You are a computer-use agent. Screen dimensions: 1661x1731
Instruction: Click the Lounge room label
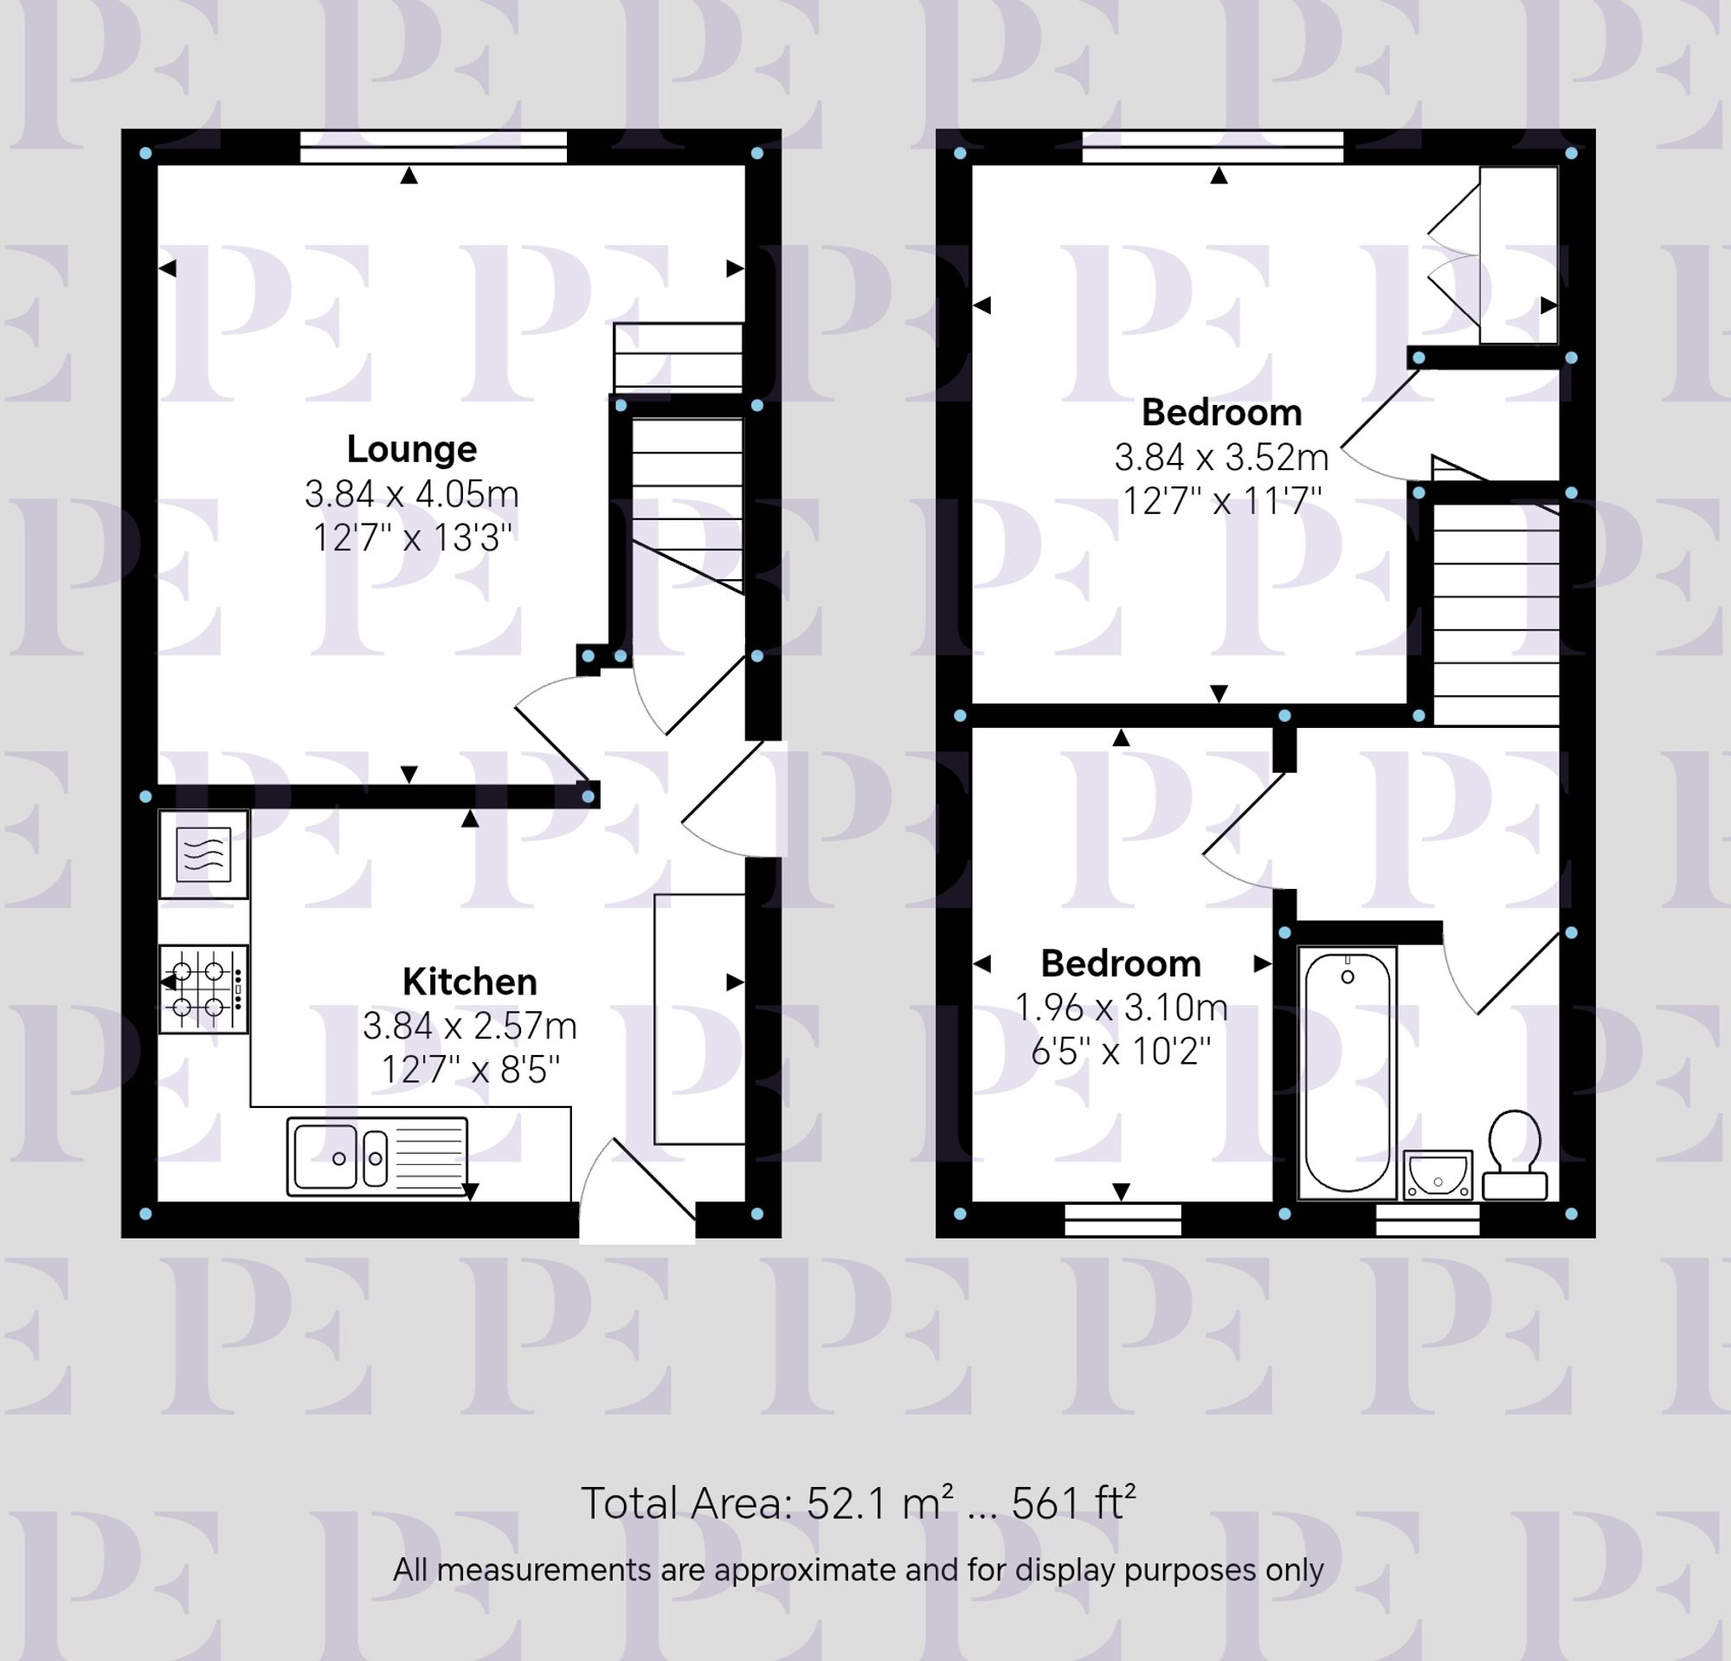(x=412, y=449)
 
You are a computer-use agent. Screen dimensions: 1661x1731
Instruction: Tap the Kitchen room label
(x=469, y=982)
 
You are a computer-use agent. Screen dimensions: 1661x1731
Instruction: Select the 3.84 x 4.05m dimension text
(x=412, y=493)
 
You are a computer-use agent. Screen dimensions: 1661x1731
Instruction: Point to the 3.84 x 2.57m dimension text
(x=469, y=1026)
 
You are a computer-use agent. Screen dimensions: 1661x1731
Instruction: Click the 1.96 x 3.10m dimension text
(x=1121, y=1008)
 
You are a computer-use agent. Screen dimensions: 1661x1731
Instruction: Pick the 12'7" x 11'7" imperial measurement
(x=1221, y=501)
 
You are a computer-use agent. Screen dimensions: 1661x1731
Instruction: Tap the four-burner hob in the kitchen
(x=203, y=989)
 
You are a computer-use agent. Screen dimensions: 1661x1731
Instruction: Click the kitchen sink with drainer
(x=377, y=1156)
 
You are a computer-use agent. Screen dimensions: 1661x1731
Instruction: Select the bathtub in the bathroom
(x=1347, y=1073)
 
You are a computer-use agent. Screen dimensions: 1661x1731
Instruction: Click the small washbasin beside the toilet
(x=1438, y=1175)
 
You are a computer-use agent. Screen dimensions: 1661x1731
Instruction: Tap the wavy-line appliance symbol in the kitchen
(x=203, y=854)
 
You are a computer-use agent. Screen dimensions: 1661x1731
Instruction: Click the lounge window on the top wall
(x=433, y=146)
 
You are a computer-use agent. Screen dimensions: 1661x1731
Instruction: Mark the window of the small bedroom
(x=1123, y=1220)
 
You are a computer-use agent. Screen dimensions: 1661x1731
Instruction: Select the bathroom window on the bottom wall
(x=1428, y=1220)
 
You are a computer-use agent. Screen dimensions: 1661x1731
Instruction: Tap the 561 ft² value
(x=1072, y=1503)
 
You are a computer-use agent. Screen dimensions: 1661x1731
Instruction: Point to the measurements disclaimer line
(x=858, y=1570)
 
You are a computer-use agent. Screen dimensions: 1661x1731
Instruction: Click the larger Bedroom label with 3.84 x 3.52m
(x=1221, y=412)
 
